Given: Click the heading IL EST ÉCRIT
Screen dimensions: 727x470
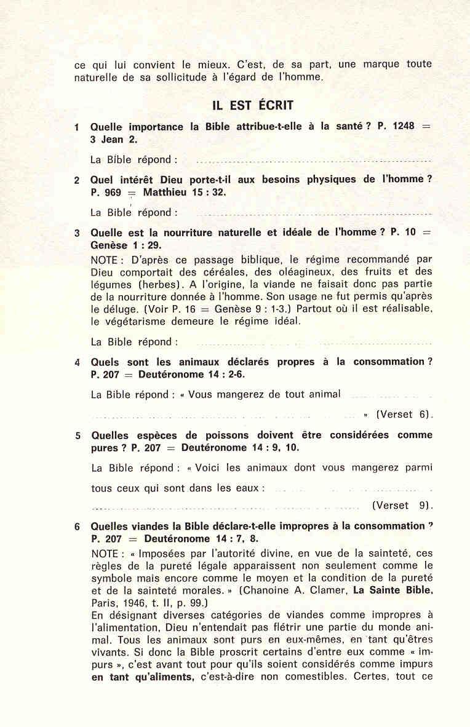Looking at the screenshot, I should coord(253,105).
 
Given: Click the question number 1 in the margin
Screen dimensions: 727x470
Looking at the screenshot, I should coord(77,127).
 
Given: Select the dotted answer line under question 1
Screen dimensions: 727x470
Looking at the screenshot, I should coord(313,161).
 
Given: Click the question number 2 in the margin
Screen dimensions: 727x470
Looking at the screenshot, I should coord(77,180).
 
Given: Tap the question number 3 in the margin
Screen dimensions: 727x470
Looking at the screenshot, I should coord(77,233).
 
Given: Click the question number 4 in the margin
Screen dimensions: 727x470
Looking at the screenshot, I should coord(77,362).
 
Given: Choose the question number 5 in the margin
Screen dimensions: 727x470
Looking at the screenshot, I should coord(78,436).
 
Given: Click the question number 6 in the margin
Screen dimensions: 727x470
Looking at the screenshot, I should coord(78,527).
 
